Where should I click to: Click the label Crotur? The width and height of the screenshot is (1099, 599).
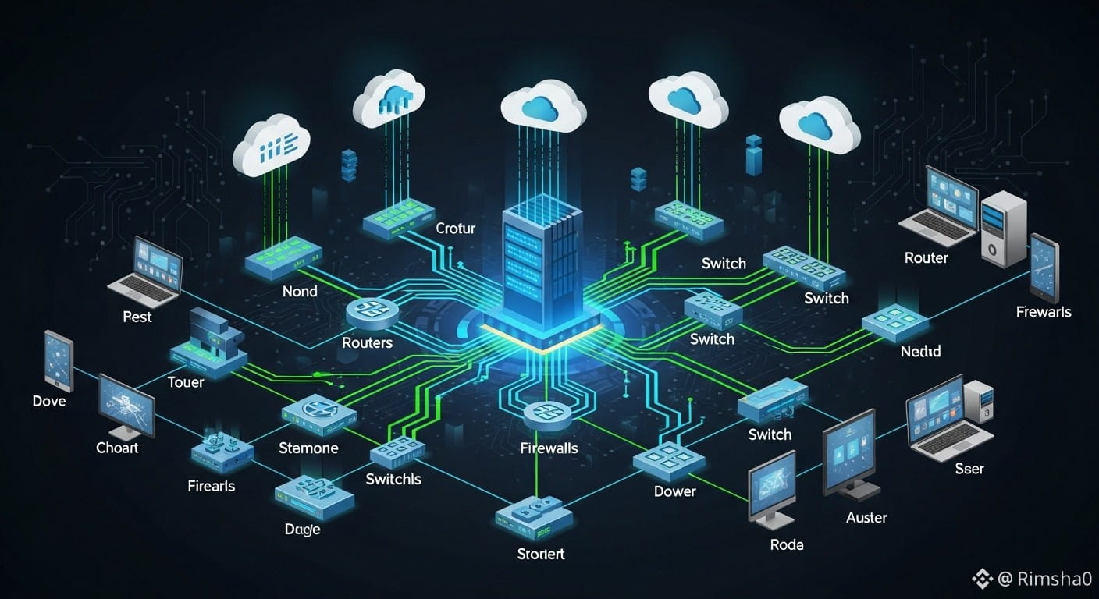(455, 229)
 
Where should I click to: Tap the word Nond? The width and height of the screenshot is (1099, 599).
(300, 291)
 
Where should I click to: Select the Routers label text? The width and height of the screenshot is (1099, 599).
(367, 342)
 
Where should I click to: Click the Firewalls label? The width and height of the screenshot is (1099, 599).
(549, 448)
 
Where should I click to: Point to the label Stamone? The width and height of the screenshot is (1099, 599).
(308, 448)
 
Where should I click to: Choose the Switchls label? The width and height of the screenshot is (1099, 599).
(393, 479)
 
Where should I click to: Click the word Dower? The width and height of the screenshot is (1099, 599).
(674, 491)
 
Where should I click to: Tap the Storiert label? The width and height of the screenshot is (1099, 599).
(541, 554)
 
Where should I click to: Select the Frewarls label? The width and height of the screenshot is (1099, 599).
(1044, 312)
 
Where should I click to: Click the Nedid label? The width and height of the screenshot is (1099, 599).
(920, 351)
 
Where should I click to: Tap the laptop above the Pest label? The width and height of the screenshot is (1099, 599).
(148, 270)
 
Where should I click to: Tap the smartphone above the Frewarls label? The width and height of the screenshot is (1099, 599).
(1044, 267)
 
